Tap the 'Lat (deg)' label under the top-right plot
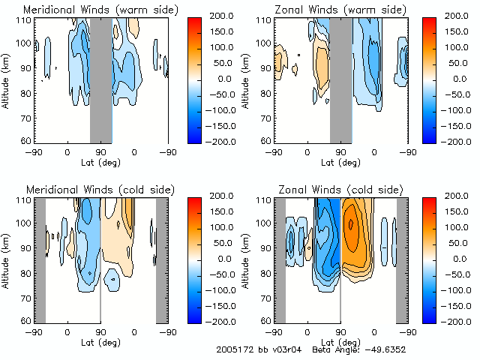pyautogui.click(x=340, y=161)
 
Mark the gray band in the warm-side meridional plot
pyautogui.click(x=101, y=79)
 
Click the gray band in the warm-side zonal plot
pyautogui.click(x=340, y=79)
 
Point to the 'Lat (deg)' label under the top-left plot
pyautogui.click(x=100, y=161)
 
